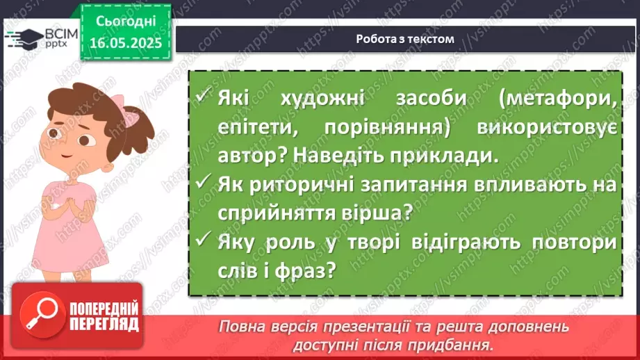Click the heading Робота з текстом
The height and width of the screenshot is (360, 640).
coord(405,39)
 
